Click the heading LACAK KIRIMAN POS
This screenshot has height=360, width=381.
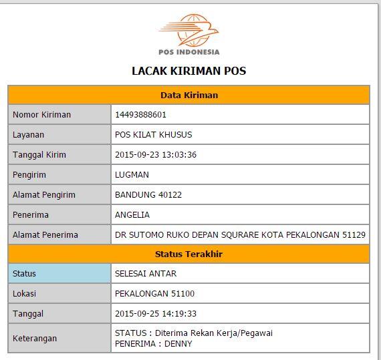[188, 71]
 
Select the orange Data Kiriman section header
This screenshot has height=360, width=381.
[188, 95]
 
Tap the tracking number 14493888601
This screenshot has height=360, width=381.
[140, 114]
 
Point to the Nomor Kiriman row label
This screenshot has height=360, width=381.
[41, 114]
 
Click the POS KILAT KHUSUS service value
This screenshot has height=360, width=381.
[153, 134]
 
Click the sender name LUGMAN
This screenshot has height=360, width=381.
[132, 174]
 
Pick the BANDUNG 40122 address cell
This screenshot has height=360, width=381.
[148, 194]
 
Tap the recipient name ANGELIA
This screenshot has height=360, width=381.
[132, 214]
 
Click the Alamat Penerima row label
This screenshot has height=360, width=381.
[45, 234]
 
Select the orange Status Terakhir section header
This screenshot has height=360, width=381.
[188, 254]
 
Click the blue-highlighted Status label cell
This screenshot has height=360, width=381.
[59, 273]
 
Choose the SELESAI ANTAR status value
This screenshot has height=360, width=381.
[146, 273]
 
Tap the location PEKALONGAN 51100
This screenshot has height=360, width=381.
[154, 293]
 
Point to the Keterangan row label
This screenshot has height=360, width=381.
[35, 338]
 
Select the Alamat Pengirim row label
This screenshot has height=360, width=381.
[43, 194]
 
